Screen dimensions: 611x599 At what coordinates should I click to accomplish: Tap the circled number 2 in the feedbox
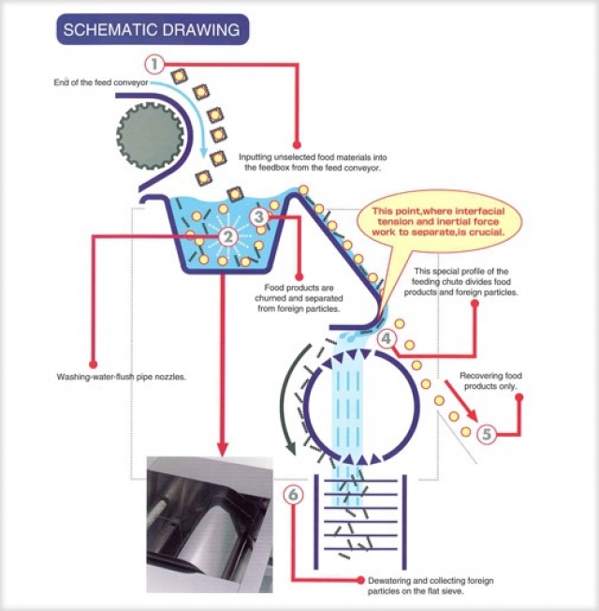coord(227,238)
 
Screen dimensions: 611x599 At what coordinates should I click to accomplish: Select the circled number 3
coord(259,217)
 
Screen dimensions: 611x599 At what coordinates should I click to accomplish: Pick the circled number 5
coord(486,434)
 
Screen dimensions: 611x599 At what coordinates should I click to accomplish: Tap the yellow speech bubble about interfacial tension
coord(440,221)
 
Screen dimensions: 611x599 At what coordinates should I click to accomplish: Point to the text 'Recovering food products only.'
coord(490,380)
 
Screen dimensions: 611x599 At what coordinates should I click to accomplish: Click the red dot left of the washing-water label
coord(93,363)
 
